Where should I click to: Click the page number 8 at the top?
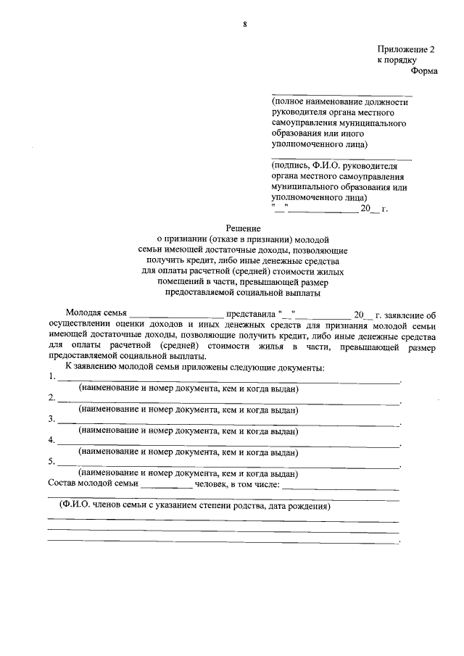(245, 24)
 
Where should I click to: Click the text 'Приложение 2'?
(405, 49)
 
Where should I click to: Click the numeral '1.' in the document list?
(51, 378)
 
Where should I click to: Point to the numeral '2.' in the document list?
(51, 398)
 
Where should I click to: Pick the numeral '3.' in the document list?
(51, 419)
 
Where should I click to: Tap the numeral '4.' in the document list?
(51, 440)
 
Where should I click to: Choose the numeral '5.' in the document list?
(51, 461)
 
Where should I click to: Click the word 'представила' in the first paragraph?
(251, 314)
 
